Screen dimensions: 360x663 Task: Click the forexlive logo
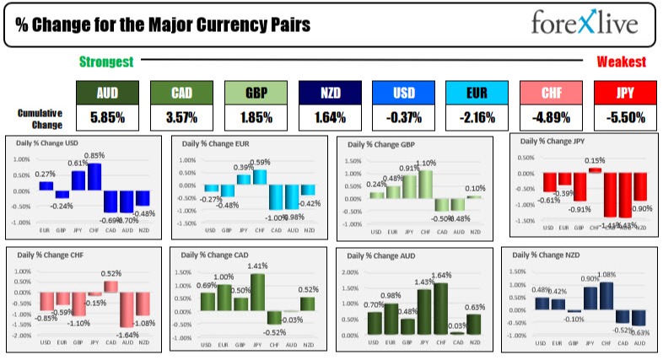[x=584, y=23]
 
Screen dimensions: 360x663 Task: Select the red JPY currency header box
[x=625, y=92]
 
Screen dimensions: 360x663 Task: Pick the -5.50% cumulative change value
[x=625, y=117]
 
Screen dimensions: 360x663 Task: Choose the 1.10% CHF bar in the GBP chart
[x=427, y=183]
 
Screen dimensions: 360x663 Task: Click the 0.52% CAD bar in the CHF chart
[x=111, y=287]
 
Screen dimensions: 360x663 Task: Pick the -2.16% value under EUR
[x=477, y=117]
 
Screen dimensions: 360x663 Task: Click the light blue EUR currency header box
[x=477, y=92]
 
